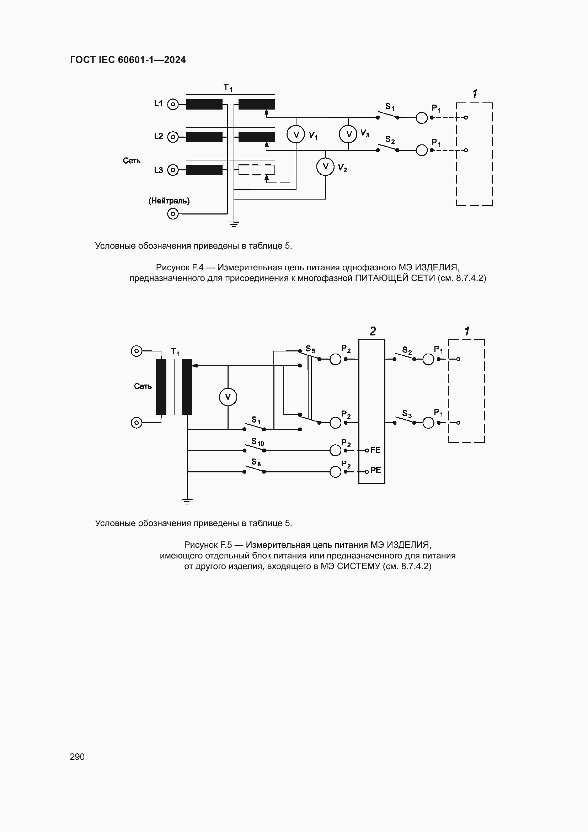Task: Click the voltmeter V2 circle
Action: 325,167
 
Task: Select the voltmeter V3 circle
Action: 348,134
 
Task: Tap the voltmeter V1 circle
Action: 296,135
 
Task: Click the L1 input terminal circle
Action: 173,104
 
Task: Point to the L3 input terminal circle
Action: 173,170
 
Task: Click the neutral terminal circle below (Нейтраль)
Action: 173,214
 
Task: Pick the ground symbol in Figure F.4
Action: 234,224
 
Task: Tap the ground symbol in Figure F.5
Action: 187,502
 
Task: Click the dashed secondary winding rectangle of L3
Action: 257,170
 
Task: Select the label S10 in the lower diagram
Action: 257,442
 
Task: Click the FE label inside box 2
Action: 375,450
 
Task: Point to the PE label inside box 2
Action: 375,470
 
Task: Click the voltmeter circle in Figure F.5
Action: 228,397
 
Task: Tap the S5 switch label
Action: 310,349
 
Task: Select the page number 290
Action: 77,757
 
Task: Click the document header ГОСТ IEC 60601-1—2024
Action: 128,60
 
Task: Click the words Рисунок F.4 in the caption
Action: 180,267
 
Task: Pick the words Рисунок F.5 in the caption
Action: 208,545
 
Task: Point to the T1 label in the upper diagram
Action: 228,88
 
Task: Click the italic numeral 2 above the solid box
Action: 373,331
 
